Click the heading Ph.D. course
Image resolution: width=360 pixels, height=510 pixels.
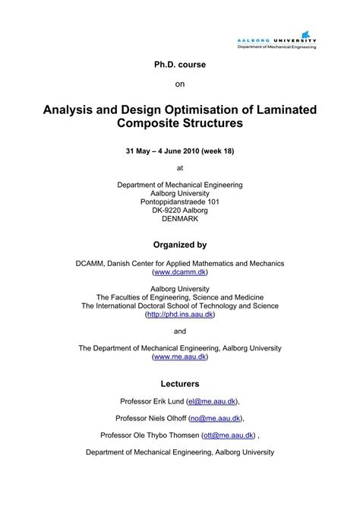[x=180, y=65]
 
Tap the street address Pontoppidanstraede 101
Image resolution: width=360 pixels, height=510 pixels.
[x=180, y=201]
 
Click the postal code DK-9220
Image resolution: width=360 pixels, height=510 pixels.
[x=165, y=211]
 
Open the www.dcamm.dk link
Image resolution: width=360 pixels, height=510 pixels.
[x=180, y=271]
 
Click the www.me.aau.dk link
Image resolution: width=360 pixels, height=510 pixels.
[x=180, y=356]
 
